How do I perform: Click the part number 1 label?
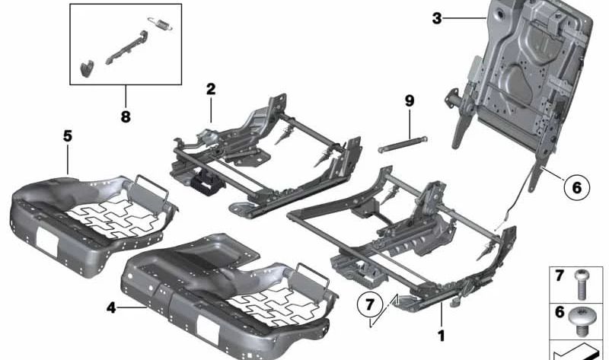[440, 334]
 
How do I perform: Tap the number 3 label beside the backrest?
[436, 18]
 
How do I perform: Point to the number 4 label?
[111, 308]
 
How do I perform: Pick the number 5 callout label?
[67, 136]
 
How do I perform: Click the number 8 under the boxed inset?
[125, 116]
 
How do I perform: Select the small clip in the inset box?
[85, 69]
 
